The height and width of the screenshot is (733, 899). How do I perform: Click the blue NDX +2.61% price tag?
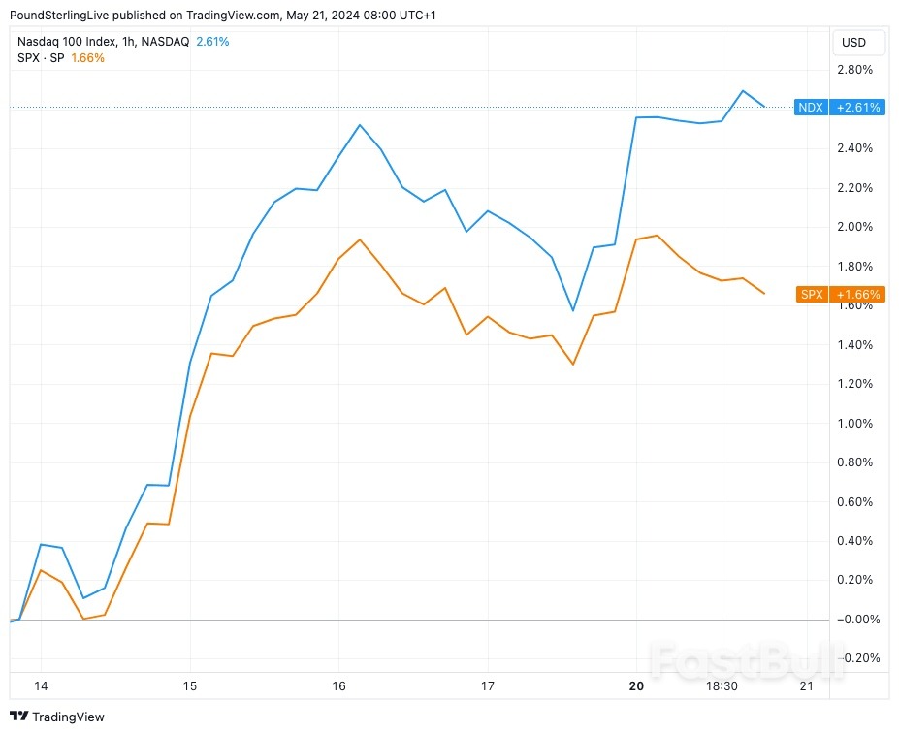(839, 108)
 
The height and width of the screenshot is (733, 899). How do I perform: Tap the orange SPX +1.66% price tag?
(840, 294)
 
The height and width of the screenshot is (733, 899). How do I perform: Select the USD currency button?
(854, 43)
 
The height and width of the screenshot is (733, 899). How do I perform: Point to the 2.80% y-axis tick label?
(854, 70)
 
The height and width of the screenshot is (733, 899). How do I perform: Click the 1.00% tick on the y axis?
(854, 424)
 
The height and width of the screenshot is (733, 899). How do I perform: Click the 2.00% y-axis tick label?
(854, 227)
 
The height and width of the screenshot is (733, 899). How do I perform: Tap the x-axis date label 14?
(41, 686)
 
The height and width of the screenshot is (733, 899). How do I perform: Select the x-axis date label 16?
(338, 686)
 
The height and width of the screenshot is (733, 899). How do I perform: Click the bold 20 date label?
(636, 686)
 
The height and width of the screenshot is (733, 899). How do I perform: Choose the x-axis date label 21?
(805, 686)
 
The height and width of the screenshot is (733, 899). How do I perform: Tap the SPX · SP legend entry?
(40, 58)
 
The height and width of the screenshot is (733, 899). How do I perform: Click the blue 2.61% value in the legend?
(211, 42)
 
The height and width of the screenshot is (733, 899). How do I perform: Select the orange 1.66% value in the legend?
(87, 58)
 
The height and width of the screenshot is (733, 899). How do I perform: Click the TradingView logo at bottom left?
(57, 717)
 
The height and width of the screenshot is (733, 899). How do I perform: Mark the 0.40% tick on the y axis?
(854, 541)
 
